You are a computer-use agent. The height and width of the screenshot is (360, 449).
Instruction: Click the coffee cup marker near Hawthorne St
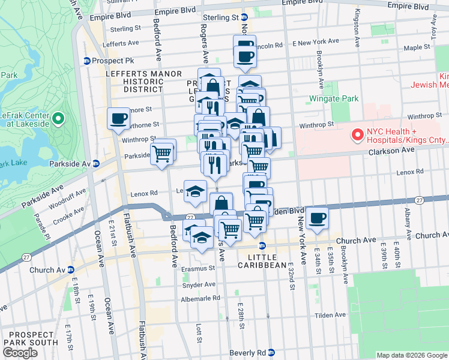click(118, 118)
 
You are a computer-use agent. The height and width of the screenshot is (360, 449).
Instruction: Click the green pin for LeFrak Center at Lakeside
click(58, 118)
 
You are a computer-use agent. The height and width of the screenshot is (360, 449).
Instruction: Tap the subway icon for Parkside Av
click(95, 163)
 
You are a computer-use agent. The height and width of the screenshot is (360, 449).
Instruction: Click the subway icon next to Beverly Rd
click(271, 352)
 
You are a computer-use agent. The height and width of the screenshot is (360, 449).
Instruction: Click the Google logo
click(20, 353)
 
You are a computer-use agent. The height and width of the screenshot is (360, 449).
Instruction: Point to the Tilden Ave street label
click(332, 314)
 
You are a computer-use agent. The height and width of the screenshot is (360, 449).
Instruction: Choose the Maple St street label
click(413, 47)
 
